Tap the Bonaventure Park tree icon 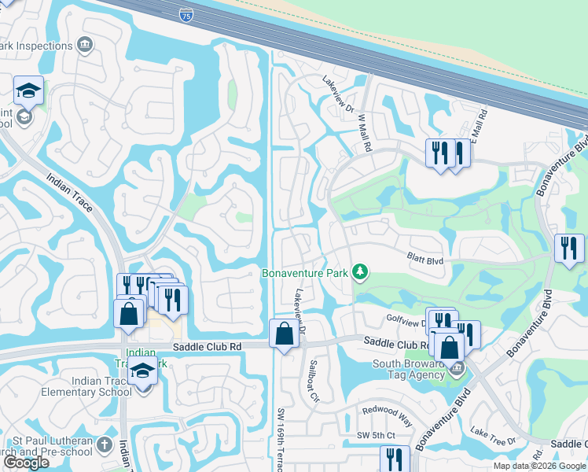[360, 272]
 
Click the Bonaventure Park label [304, 273]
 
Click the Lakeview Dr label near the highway [339, 93]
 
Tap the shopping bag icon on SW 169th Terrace [284, 334]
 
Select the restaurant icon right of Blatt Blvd [569, 249]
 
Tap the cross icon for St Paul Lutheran [105, 445]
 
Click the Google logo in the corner [26, 463]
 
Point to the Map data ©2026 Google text [540, 466]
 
